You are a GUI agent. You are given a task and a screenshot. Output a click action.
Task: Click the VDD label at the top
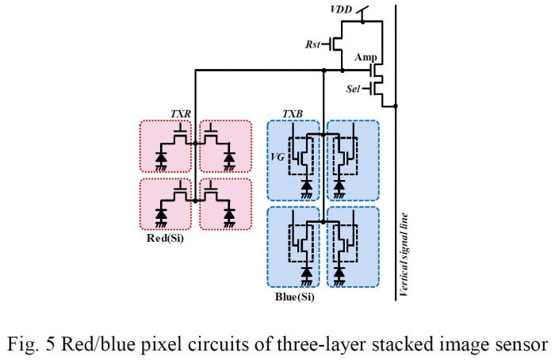click(341, 10)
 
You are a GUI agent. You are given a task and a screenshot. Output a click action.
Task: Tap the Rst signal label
click(312, 44)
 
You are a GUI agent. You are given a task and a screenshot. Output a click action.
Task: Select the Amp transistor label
click(366, 57)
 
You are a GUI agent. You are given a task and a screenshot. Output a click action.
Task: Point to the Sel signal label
click(353, 89)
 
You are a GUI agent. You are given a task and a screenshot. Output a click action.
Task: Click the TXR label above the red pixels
click(181, 114)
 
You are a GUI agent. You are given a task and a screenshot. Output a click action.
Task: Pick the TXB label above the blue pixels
click(293, 114)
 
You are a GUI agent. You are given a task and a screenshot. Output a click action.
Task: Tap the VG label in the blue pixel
click(277, 157)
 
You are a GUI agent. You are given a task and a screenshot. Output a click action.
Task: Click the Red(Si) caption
click(165, 238)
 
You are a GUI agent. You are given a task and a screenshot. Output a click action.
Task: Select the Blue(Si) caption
click(294, 297)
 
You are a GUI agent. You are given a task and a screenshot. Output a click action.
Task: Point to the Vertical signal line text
click(404, 255)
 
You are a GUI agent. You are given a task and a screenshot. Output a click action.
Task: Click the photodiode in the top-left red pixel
click(161, 157)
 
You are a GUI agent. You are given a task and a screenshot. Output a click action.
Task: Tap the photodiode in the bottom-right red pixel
click(229, 215)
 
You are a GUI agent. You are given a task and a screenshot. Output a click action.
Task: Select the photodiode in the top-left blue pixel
click(307, 185)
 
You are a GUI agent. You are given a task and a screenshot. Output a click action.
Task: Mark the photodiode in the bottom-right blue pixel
click(339, 272)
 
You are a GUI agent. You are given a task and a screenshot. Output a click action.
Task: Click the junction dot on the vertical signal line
click(396, 105)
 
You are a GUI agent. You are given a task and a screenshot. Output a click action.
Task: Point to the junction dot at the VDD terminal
click(363, 21)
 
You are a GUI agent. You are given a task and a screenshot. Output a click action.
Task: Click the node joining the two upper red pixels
click(195, 144)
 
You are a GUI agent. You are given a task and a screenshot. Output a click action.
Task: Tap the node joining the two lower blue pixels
click(323, 222)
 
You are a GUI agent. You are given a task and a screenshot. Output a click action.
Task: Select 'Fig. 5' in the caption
click(32, 343)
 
